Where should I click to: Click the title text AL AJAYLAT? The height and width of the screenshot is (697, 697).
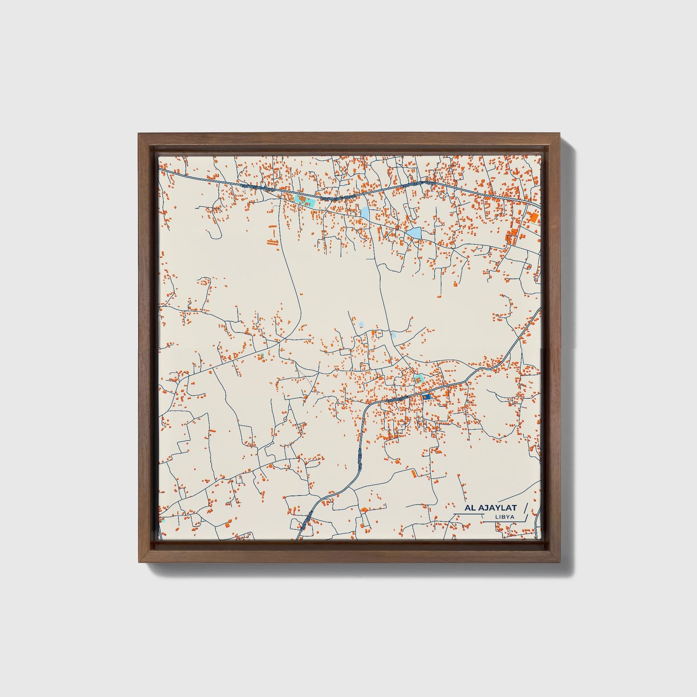(x=490, y=508)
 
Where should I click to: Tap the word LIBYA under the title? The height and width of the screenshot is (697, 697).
(x=504, y=517)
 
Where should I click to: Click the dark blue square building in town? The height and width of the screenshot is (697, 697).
(x=426, y=396)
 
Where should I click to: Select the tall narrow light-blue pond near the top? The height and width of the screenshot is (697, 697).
(x=365, y=213)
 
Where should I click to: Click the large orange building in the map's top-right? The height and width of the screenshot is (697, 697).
(x=534, y=218)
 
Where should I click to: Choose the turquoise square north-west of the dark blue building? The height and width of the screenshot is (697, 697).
(x=419, y=378)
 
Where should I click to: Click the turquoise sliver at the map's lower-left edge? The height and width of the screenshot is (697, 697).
(x=162, y=520)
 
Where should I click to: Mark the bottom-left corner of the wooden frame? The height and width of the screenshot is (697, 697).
(x=138, y=562)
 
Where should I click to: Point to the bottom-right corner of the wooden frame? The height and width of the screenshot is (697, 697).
(x=561, y=562)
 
